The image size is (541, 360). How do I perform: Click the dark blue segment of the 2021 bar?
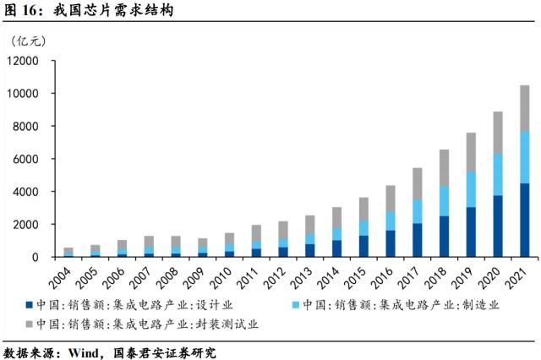point(524,220)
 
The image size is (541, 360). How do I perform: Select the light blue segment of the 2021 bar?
point(524,157)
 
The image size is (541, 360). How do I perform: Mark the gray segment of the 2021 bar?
point(524,108)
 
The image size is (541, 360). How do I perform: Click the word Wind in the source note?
point(85,352)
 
